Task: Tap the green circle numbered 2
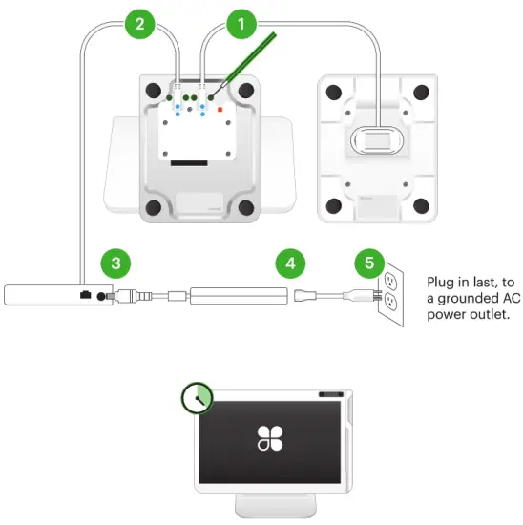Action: pyautogui.click(x=140, y=23)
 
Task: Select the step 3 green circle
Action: pyautogui.click(x=115, y=262)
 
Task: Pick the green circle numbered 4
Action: pyautogui.click(x=291, y=262)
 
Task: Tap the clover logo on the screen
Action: pyautogui.click(x=269, y=438)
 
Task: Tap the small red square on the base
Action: pyautogui.click(x=220, y=111)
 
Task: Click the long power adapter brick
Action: pyautogui.click(x=239, y=295)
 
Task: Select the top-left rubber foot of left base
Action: pyautogui.click(x=153, y=92)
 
